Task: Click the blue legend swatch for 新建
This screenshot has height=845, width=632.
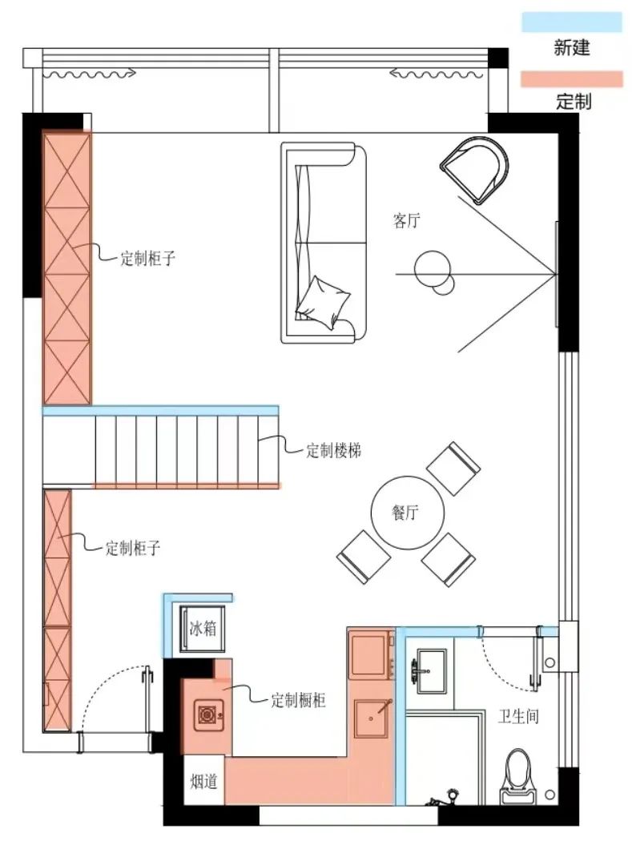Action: point(571,22)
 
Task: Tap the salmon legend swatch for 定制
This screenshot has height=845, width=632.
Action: point(571,78)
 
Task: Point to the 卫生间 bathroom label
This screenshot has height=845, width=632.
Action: point(518,716)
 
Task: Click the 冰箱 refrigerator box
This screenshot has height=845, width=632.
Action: point(203,629)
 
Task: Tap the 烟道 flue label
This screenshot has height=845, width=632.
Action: point(203,781)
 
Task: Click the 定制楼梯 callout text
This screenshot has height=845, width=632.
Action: point(334,450)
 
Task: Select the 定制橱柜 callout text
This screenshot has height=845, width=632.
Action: point(298,699)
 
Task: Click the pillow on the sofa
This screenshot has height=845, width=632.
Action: point(324,303)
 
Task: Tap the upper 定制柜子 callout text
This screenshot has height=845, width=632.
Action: point(148,258)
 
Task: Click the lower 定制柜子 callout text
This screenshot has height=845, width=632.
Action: point(134,549)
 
